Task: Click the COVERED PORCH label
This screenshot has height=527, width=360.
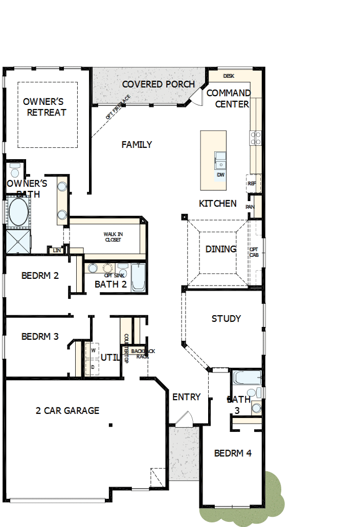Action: (158, 84)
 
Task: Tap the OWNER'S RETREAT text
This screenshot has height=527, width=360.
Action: (46, 107)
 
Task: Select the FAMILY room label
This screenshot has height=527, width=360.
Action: (137, 145)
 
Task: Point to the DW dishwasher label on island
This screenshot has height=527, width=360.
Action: (221, 175)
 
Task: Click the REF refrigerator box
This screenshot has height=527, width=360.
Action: (252, 183)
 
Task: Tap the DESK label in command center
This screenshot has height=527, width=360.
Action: (229, 76)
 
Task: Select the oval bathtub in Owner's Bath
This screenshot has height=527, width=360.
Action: (18, 212)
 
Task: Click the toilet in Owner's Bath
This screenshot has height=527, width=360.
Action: (14, 170)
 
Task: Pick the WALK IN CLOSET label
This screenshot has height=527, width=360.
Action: (113, 236)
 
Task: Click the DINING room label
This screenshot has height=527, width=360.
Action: (221, 249)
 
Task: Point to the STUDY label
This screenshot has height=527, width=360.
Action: (226, 319)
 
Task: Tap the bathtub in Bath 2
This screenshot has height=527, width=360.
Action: (138, 278)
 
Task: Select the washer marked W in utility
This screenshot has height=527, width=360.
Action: (93, 350)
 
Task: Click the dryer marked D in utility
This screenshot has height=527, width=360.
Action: (93, 367)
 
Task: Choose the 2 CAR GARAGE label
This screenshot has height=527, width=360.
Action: (67, 410)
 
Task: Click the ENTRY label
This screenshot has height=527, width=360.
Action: (186, 397)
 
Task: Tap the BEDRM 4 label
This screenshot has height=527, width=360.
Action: (233, 453)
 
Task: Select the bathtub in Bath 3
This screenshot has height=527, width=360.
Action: (246, 378)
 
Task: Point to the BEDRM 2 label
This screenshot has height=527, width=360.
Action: (40, 276)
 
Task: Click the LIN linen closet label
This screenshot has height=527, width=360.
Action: (57, 250)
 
